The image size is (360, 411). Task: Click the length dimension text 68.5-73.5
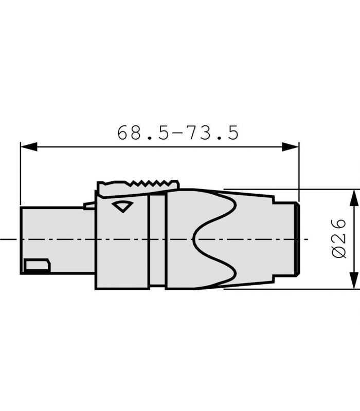(178, 133)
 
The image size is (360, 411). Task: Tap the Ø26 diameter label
(339, 239)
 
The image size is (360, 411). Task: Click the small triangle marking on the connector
(122, 207)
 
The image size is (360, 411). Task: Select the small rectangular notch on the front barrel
(37, 266)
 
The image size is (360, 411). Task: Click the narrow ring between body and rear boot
(156, 239)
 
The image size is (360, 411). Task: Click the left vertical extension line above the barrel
(21, 175)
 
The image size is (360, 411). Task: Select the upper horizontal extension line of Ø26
(288, 189)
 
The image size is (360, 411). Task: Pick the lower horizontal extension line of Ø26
(288, 289)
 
